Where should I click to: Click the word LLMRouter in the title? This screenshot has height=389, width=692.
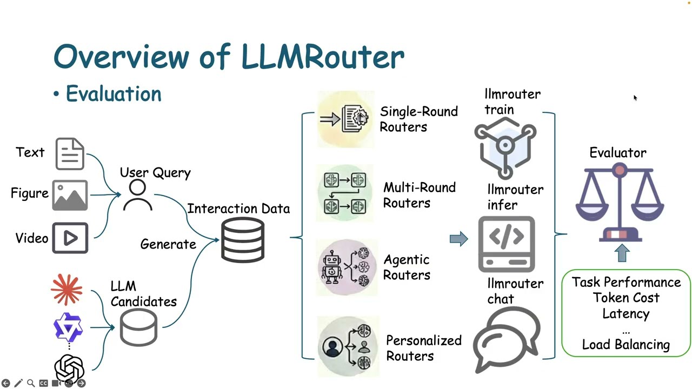coord(322,56)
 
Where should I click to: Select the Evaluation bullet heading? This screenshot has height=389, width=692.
coord(113,94)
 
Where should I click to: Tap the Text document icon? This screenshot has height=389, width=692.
coord(70,154)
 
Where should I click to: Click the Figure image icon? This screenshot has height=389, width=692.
coord(70,195)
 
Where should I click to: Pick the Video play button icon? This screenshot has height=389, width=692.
coord(70,238)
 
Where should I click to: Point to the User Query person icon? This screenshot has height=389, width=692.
coord(137,196)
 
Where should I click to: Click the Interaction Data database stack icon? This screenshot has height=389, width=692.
coord(243,240)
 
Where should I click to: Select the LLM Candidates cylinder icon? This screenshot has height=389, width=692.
coord(138,327)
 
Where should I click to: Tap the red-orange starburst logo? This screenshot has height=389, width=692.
coord(67,290)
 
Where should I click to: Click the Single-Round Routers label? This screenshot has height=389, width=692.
coord(418,119)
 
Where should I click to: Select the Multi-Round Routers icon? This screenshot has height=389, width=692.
coord(345,193)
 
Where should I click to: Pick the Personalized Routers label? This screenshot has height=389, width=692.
coord(423,348)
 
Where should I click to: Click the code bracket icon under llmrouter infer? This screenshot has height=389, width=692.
coord(507,244)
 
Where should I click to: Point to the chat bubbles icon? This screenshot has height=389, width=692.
coord(507,338)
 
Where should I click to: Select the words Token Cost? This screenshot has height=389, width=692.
coord(626,298)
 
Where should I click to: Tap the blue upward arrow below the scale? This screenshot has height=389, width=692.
coord(622,253)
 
